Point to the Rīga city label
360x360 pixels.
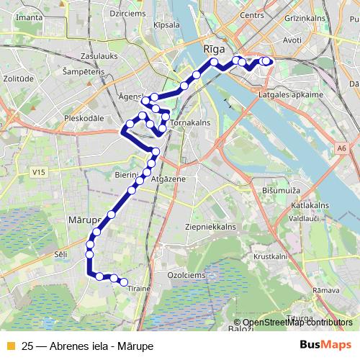(x=215, y=48)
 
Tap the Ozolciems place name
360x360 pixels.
(x=187, y=275)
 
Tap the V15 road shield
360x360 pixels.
(x=39, y=172)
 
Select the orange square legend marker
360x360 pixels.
(x=9, y=346)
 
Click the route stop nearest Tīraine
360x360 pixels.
(x=124, y=282)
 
